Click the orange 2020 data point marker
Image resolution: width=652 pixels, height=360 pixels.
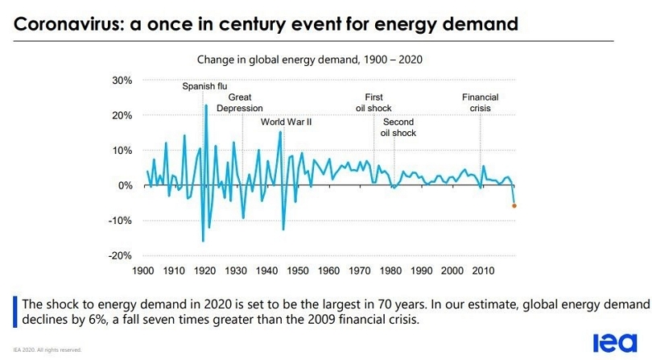pyautogui.click(x=514, y=206)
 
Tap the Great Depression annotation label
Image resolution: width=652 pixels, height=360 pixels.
pyautogui.click(x=240, y=102)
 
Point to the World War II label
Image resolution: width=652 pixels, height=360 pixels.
pyautogui.click(x=286, y=122)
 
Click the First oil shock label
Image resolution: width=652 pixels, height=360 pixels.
pyautogui.click(x=373, y=102)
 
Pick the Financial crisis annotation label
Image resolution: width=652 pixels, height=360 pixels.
pyautogui.click(x=480, y=102)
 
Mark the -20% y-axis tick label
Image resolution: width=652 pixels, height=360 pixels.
pyautogui.click(x=121, y=255)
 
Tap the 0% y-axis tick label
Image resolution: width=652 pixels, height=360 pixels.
pyautogui.click(x=125, y=185)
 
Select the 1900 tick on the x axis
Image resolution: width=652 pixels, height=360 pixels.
pyautogui.click(x=143, y=271)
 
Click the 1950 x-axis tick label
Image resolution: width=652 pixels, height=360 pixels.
pyautogui.click(x=298, y=271)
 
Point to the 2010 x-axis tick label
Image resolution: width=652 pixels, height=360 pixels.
pyautogui.click(x=483, y=271)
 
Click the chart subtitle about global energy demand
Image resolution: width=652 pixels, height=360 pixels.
pyautogui.click(x=310, y=60)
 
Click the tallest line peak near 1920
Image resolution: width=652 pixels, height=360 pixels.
pyautogui.click(x=206, y=106)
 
